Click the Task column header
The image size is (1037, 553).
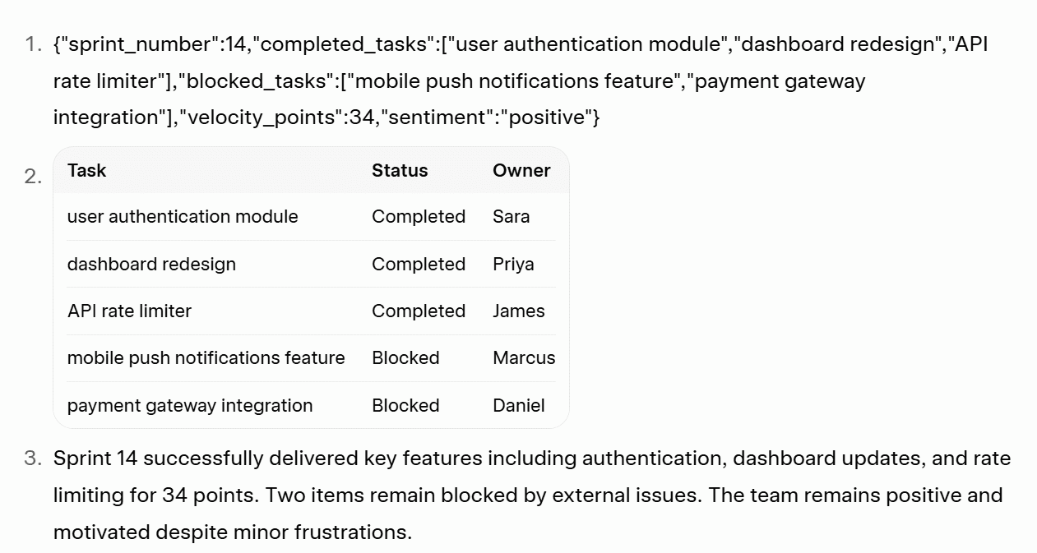[86, 170]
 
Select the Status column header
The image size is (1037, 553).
[400, 170]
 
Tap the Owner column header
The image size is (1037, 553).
[521, 170]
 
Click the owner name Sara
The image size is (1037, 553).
[511, 217]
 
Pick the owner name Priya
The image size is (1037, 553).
[513, 265]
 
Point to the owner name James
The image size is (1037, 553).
[518, 311]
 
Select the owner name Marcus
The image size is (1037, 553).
[524, 358]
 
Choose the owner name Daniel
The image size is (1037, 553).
[518, 406]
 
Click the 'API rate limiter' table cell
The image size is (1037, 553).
[129, 311]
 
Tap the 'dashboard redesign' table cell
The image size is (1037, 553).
[151, 265]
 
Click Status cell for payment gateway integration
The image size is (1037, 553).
[405, 406]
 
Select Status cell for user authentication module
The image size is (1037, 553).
[418, 217]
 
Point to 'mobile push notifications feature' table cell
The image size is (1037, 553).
[206, 358]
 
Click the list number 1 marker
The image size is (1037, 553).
[32, 45]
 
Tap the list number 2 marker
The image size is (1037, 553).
[32, 177]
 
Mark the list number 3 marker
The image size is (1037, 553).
[32, 459]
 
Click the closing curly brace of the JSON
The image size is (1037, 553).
[596, 118]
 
